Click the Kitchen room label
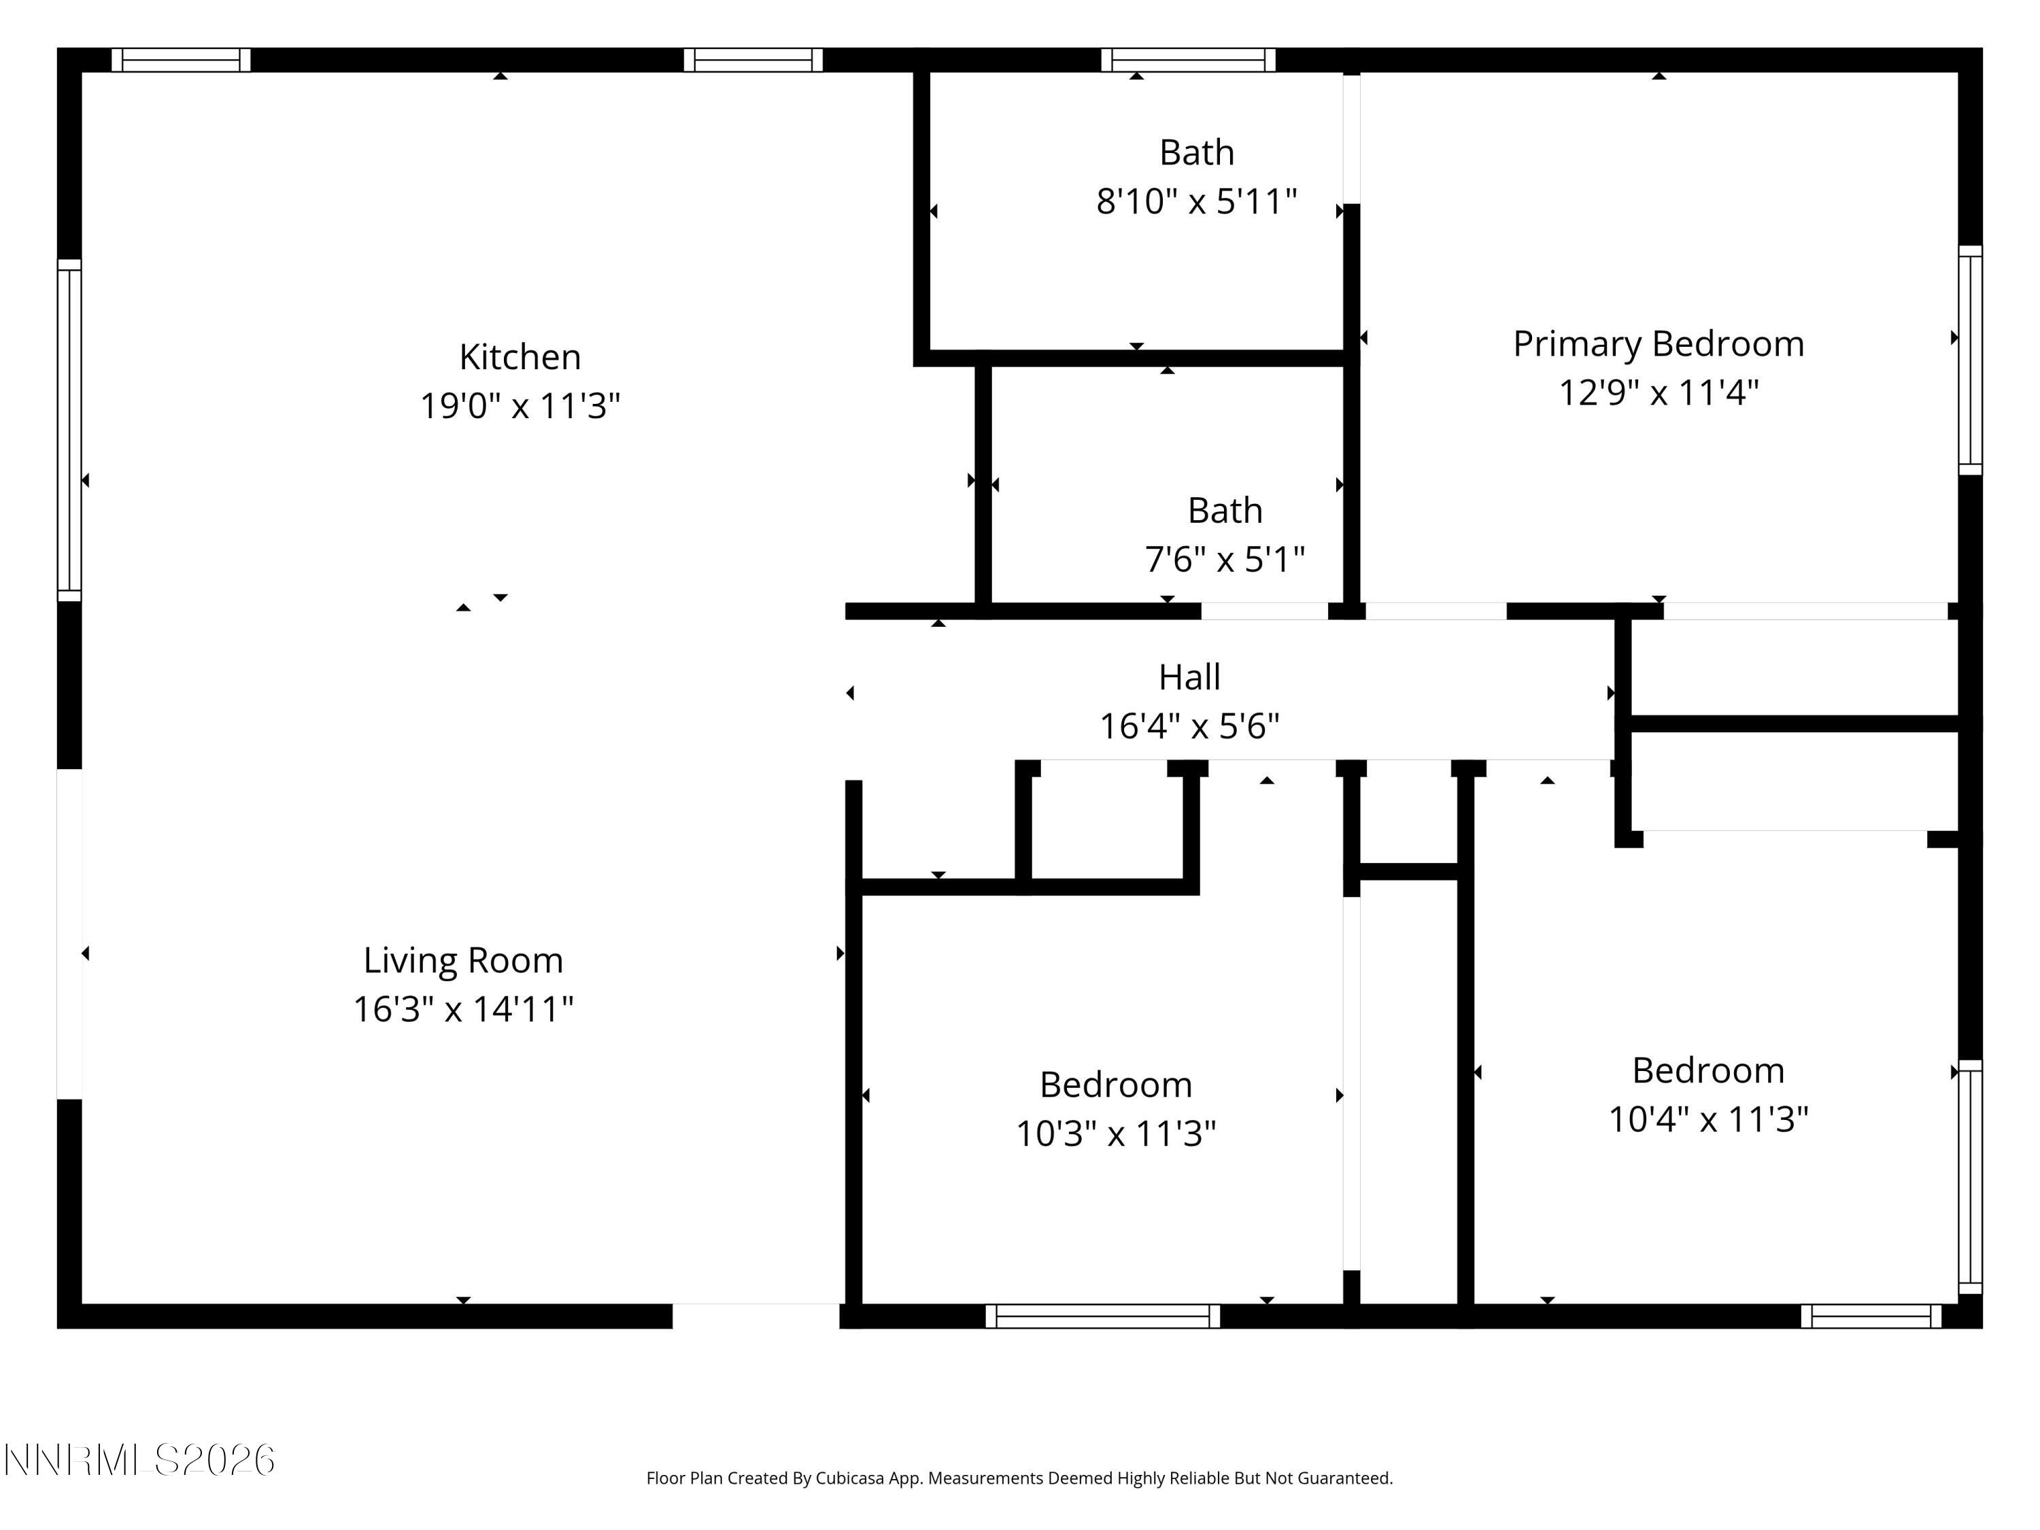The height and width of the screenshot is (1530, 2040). (x=520, y=357)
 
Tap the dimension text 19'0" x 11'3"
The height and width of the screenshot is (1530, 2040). (x=520, y=406)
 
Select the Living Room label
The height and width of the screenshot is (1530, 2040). (x=463, y=960)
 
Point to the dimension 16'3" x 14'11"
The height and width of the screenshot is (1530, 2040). (x=463, y=1009)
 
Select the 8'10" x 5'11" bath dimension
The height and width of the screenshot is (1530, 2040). (x=1196, y=201)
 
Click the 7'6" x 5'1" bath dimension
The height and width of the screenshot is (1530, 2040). (x=1224, y=559)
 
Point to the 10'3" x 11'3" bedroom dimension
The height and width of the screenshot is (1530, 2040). (x=1115, y=1134)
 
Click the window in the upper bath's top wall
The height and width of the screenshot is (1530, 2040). (x=1188, y=60)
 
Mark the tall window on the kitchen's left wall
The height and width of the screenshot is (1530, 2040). (x=69, y=430)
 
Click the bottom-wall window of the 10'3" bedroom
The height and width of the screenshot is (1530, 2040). (x=1102, y=1316)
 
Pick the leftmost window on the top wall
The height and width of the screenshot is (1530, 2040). (x=181, y=60)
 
